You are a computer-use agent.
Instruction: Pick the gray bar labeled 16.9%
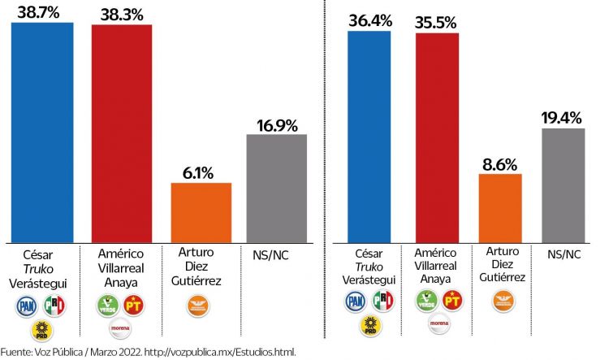[x=276, y=188]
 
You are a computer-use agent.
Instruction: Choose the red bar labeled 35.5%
[x=436, y=137]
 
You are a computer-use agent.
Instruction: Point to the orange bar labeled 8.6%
[x=500, y=207]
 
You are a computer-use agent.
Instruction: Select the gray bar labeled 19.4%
[x=564, y=184]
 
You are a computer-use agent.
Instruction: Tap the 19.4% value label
[x=563, y=117]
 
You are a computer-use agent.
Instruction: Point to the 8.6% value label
[x=500, y=163]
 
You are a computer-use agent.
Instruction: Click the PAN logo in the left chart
[x=28, y=306]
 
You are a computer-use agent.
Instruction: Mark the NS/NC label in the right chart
[x=562, y=255]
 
